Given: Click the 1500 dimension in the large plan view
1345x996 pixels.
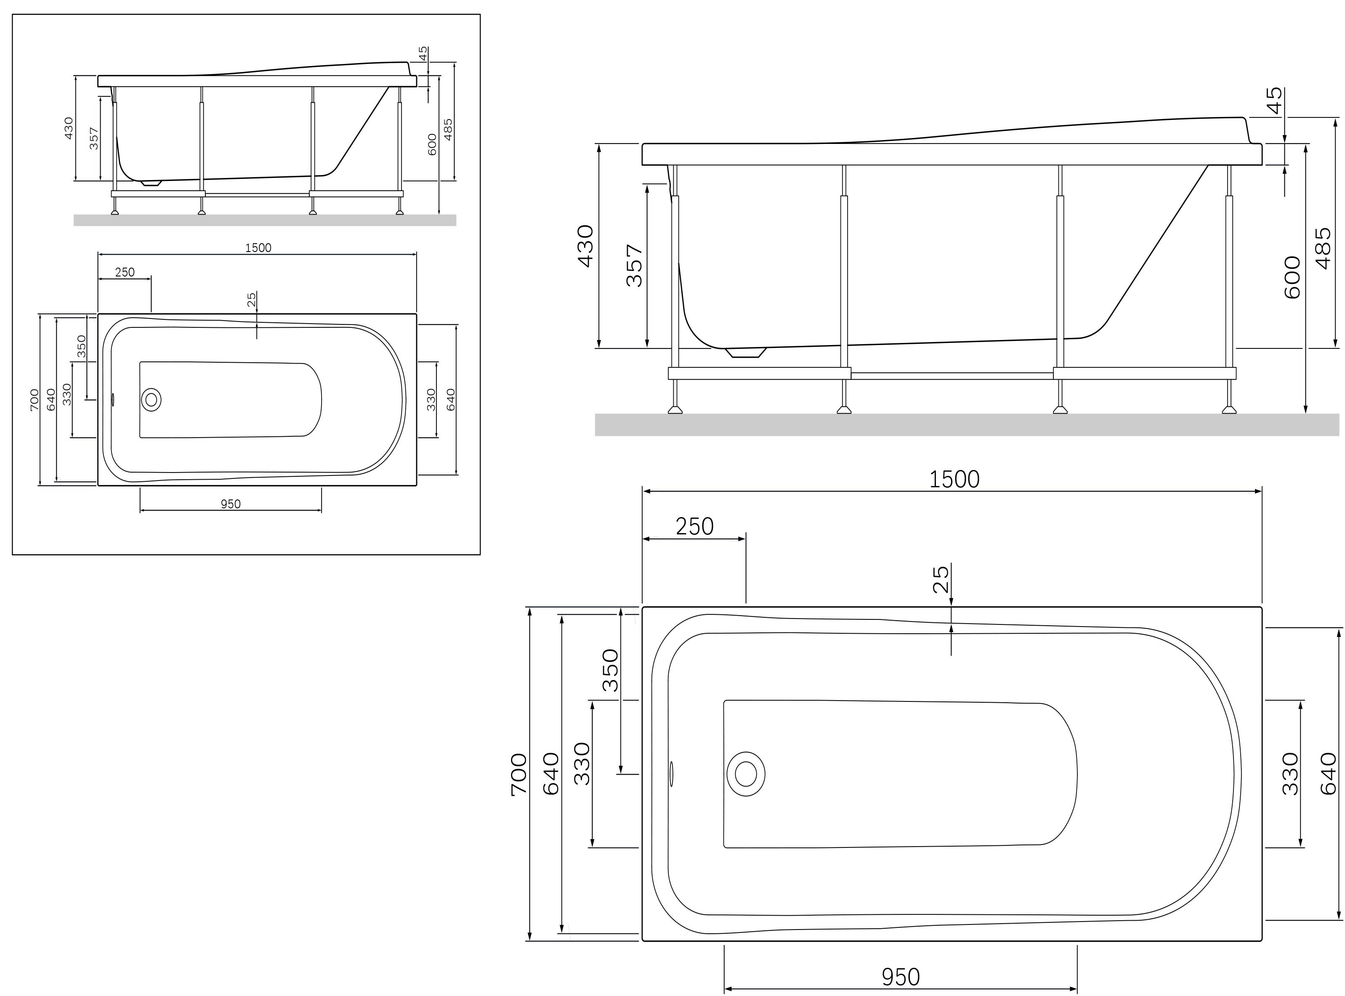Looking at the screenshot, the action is [x=954, y=479].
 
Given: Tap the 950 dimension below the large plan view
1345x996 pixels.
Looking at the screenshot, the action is [x=901, y=977].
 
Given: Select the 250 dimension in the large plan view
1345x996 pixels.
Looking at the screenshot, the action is [x=694, y=526].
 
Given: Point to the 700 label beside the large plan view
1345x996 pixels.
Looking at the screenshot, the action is [x=518, y=775].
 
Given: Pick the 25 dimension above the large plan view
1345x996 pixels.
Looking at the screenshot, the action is [x=941, y=579].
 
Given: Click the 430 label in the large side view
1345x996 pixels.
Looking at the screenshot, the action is [x=585, y=246].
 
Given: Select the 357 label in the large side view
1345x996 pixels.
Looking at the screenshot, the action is [x=634, y=265].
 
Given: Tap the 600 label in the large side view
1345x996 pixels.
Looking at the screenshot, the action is [x=1292, y=277].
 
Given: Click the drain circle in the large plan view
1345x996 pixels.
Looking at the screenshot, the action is [x=746, y=773].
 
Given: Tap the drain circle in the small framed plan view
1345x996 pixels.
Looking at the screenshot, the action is [x=152, y=399].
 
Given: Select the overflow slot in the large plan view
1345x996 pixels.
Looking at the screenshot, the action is [x=672, y=773].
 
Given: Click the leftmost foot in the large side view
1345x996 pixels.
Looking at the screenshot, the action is [x=675, y=410].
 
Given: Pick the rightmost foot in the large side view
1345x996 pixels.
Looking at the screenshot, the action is [x=1229, y=410].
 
